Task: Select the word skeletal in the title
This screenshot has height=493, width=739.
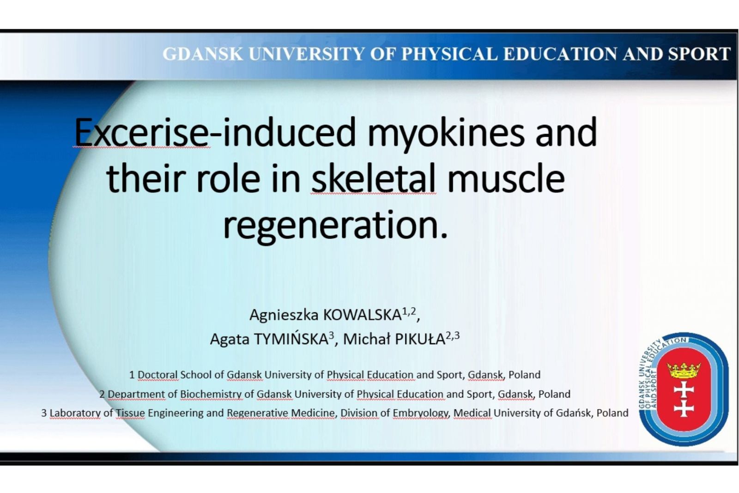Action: [x=374, y=178]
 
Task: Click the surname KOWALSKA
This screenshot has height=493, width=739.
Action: [x=362, y=315]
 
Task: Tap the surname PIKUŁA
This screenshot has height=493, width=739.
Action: [x=420, y=339]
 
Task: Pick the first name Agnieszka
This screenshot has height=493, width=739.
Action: [x=284, y=316]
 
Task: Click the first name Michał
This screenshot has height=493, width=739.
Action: [x=366, y=339]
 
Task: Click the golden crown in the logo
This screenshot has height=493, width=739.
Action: [x=684, y=370]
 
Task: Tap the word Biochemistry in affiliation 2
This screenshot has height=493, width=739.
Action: [x=211, y=394]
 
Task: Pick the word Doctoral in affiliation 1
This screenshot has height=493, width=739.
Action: [x=157, y=375]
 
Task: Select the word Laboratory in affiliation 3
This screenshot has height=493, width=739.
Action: [x=75, y=414]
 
